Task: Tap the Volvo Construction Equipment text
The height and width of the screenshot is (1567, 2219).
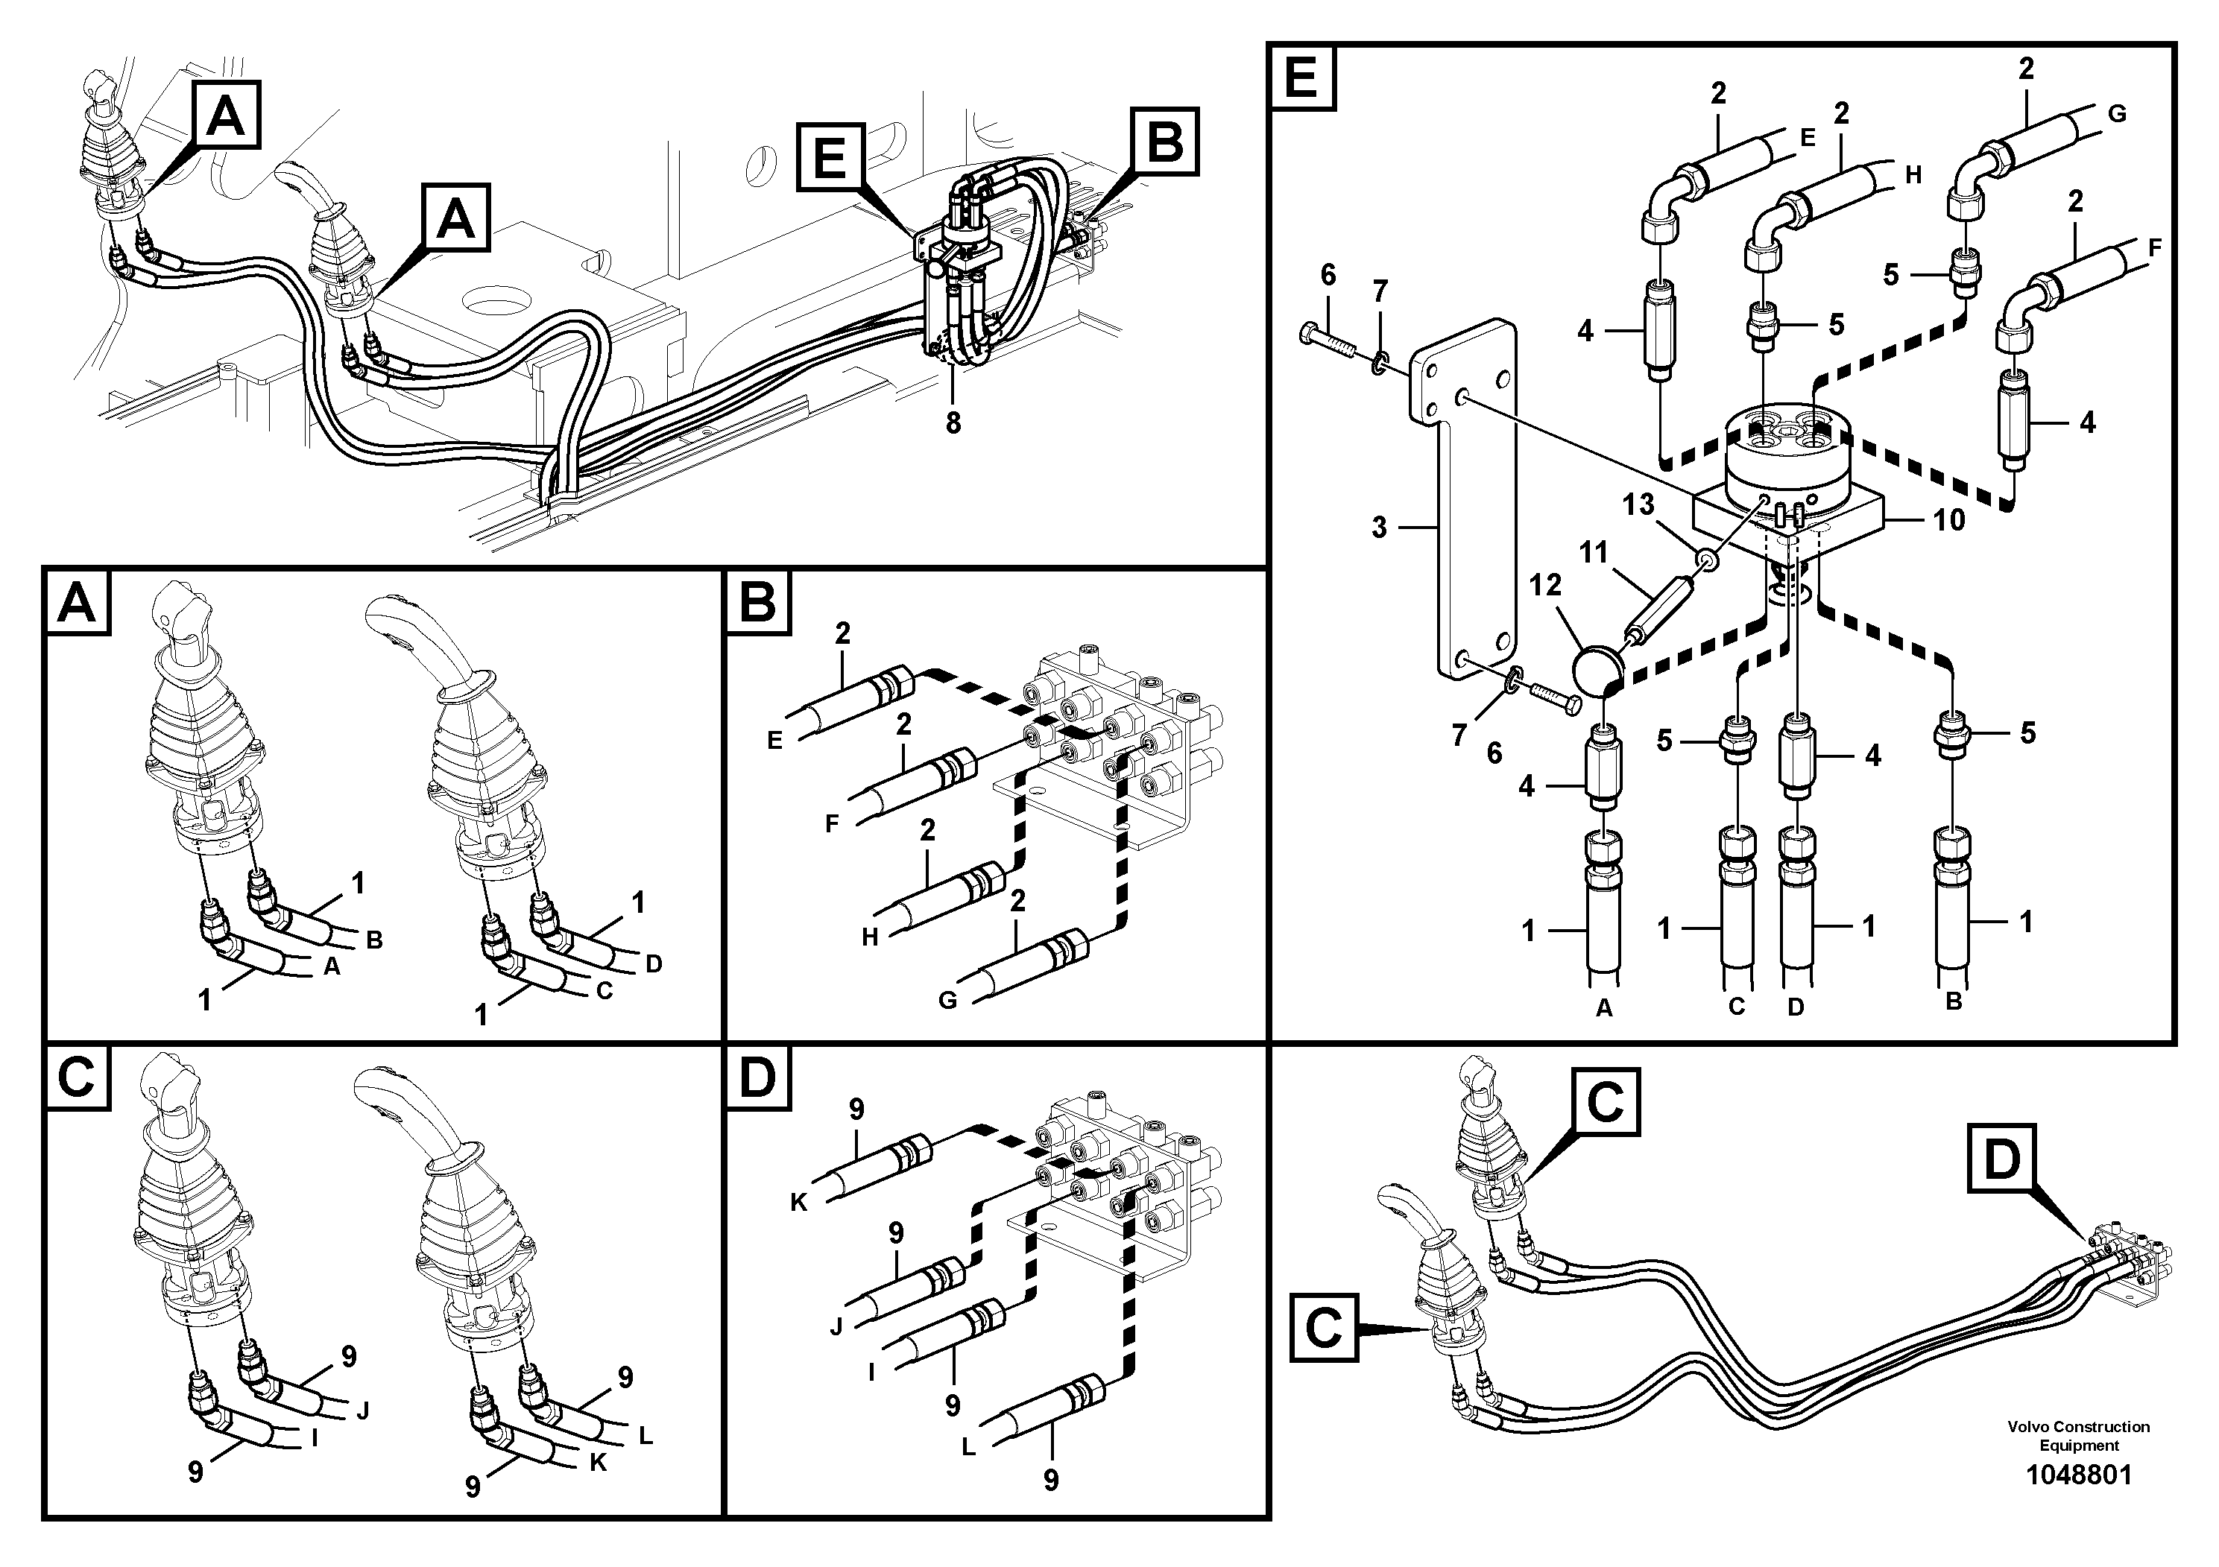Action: point(2078,1436)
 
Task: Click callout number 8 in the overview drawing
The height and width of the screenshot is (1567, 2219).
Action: point(953,423)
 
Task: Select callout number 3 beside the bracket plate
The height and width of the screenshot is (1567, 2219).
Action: point(1379,528)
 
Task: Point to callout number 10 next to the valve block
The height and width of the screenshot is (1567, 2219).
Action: point(1948,521)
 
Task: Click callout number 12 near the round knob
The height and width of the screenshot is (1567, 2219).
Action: point(1545,586)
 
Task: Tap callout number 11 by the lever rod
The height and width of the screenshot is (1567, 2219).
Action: point(1594,554)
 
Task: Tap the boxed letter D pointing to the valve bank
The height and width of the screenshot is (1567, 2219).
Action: point(2001,1159)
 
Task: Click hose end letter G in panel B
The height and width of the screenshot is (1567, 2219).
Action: point(948,1001)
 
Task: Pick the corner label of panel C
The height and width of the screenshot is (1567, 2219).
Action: point(76,1077)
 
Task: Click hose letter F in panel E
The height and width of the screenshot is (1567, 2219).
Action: point(2154,248)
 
